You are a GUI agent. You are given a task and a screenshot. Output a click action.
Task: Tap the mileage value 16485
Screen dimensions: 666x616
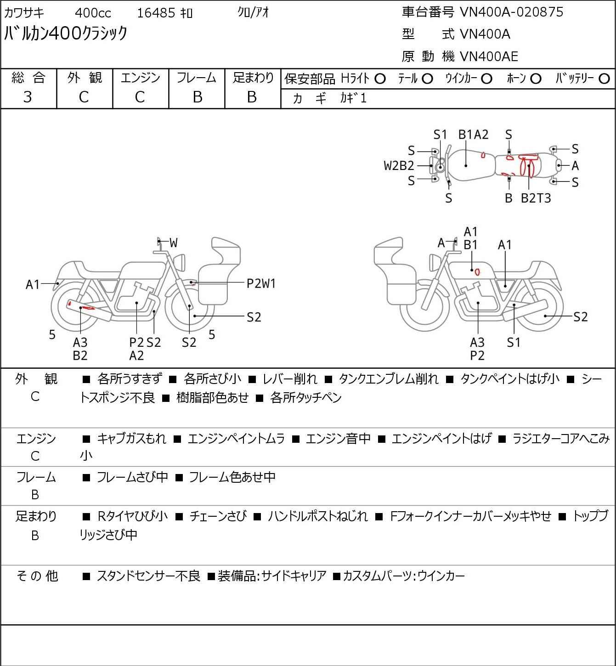point(156,13)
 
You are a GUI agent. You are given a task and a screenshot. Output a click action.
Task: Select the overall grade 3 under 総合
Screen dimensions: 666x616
point(28,97)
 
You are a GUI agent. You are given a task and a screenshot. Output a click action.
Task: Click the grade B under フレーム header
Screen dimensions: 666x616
point(197,97)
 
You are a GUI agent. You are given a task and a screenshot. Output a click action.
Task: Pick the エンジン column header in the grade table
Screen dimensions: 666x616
point(141,78)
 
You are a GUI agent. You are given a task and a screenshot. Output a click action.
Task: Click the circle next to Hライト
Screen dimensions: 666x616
point(380,79)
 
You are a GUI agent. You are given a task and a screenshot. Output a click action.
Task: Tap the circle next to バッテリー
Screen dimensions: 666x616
point(605,79)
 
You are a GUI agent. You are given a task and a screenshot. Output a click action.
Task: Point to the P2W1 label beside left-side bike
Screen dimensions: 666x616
point(261,283)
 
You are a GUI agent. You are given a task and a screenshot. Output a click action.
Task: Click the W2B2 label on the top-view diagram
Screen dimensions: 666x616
point(399,165)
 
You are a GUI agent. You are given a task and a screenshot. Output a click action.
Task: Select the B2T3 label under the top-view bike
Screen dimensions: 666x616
point(536,198)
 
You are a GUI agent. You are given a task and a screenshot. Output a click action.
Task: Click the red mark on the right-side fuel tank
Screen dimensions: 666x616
point(477,272)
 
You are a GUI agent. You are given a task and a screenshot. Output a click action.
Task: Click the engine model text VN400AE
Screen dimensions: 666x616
point(489,56)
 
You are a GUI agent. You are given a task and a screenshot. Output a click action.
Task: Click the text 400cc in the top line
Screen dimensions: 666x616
point(93,13)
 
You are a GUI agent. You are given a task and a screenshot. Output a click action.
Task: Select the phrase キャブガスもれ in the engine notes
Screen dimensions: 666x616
point(131,439)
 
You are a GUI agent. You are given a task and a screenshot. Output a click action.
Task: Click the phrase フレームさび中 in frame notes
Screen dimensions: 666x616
point(132,478)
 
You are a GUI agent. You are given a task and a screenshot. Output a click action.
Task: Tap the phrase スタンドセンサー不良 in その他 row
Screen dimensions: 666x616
point(148,576)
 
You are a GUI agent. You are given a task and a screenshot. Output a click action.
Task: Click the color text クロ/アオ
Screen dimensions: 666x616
point(253,12)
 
